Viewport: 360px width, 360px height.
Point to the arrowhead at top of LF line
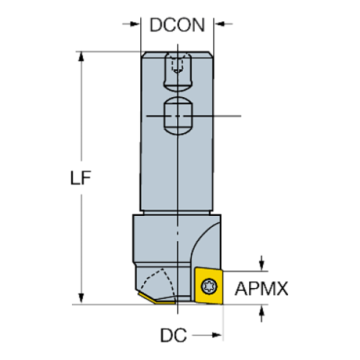(x=80, y=57)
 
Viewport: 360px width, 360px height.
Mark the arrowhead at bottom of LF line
(x=80, y=297)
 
